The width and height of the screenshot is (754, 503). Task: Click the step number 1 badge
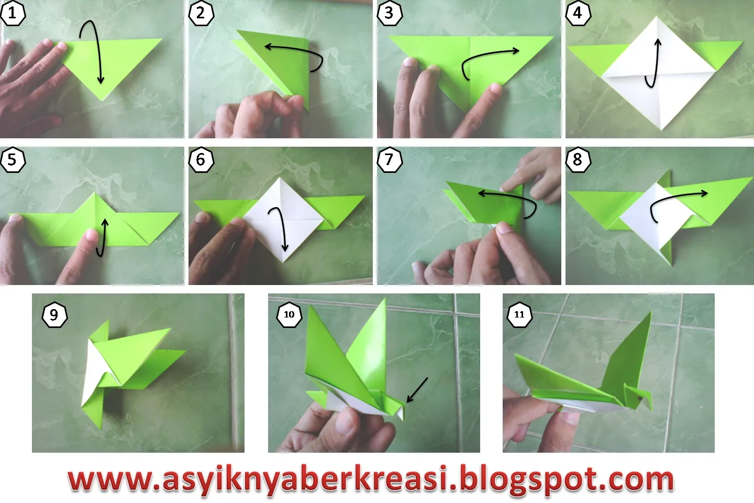point(13,13)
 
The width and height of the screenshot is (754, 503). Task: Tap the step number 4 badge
point(578,13)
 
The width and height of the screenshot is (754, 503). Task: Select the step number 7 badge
point(389,160)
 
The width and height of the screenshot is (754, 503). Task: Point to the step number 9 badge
point(54,315)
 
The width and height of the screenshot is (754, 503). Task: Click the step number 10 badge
point(289,314)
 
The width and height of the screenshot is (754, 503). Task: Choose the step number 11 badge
point(519,314)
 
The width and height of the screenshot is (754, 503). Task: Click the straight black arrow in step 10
point(417,390)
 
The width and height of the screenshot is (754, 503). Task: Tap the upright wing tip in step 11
point(651,313)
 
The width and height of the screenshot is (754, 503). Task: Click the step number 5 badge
point(13,160)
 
